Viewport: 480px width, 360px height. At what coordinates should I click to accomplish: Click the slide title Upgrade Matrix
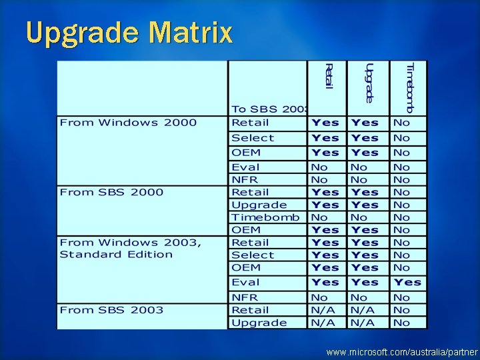(129, 32)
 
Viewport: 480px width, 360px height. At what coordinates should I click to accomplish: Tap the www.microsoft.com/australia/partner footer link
(402, 351)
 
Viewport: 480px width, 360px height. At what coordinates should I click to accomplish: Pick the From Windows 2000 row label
(128, 123)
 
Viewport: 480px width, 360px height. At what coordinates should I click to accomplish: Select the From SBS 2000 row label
(111, 192)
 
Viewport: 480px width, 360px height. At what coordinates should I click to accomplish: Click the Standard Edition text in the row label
(116, 255)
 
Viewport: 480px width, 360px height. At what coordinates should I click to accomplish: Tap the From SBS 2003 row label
(111, 310)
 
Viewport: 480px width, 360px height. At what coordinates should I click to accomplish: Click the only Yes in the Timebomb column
(407, 282)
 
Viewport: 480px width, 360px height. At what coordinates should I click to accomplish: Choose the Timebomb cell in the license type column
(265, 217)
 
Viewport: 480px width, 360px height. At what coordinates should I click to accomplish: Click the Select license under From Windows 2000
(253, 138)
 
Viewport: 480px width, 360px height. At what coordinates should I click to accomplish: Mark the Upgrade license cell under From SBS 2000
(259, 205)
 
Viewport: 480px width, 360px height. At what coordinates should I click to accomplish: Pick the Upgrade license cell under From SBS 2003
(259, 323)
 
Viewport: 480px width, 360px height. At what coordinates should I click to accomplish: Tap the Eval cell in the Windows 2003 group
(245, 282)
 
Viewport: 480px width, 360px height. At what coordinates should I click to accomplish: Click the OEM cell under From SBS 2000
(245, 230)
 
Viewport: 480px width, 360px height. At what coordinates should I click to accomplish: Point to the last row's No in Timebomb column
(401, 323)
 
